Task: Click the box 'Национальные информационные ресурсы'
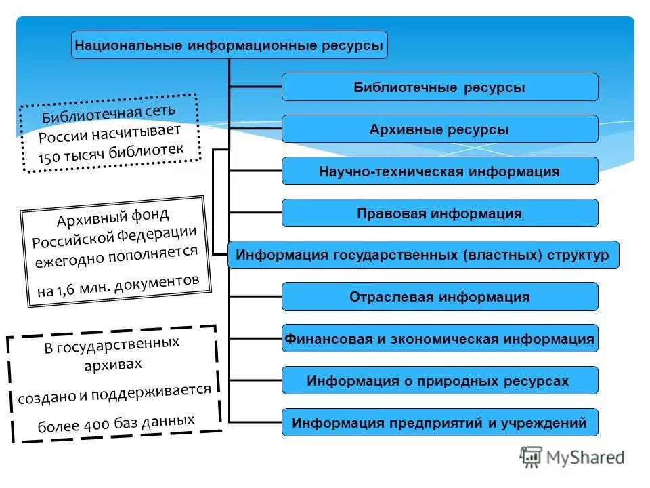[x=230, y=45]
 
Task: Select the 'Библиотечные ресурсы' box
[x=439, y=87]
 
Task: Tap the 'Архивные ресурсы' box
[x=439, y=129]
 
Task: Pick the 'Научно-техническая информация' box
[x=439, y=171]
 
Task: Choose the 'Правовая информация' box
[x=439, y=213]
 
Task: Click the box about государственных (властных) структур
[x=422, y=256]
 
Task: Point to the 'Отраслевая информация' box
[x=439, y=297]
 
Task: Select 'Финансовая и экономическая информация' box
[x=439, y=339]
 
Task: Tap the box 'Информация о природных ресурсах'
[x=439, y=381]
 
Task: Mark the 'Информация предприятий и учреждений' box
[x=439, y=423]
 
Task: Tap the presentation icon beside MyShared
[x=532, y=457]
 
